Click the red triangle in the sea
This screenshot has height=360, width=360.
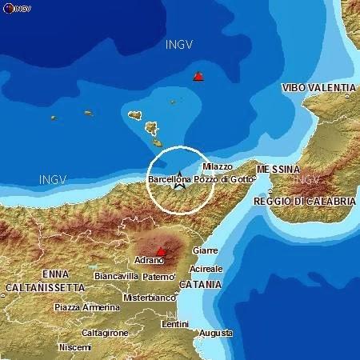tap(198, 77)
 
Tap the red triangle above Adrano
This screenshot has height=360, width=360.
tap(161, 252)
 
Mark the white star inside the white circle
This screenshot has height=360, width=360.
tap(180, 177)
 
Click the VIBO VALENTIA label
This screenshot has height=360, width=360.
tap(318, 88)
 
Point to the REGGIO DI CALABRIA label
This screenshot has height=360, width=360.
tap(303, 202)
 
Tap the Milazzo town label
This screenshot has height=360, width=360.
tap(217, 166)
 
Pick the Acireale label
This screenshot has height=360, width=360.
tap(206, 269)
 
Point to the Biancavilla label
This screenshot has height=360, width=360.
tap(116, 276)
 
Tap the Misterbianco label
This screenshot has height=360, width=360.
tap(149, 297)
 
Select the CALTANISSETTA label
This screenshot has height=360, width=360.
tap(45, 286)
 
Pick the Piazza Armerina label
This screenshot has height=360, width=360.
tap(84, 307)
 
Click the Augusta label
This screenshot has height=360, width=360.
tap(217, 333)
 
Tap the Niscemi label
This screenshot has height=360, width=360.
tap(74, 348)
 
